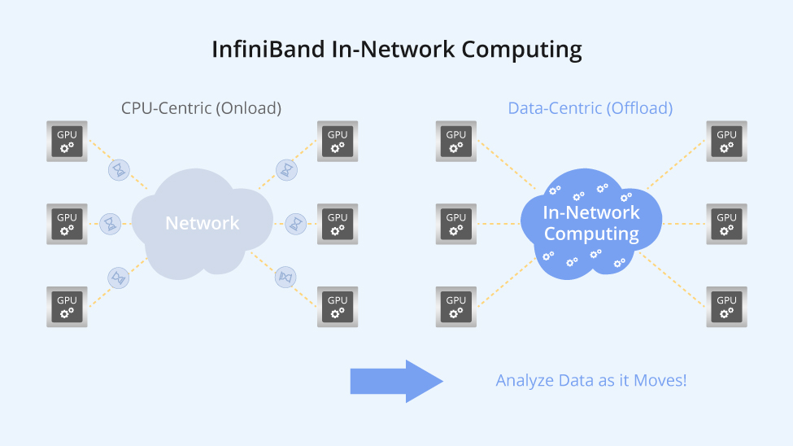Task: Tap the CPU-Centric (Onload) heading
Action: pos(201,108)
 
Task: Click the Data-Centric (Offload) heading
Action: pos(590,108)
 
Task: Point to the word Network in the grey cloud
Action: pos(202,223)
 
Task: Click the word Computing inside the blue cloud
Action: pos(591,234)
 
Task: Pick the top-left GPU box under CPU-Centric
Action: pos(67,141)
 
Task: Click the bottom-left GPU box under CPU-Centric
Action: pos(67,306)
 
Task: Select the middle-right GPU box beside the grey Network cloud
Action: pos(337,223)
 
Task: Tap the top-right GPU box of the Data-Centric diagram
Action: pos(726,141)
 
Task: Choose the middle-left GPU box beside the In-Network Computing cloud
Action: pos(456,223)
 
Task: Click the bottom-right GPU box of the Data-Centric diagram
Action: pos(726,306)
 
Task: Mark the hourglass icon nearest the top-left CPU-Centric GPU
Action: pos(120,170)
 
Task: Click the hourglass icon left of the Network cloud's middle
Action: pos(110,223)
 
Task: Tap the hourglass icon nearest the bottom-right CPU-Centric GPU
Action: pos(285,277)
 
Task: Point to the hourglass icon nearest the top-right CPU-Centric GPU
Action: pos(287,169)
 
